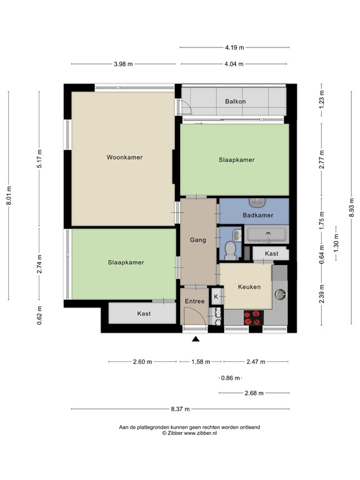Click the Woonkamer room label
124,157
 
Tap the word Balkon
236,101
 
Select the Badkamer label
258,215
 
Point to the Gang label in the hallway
198,240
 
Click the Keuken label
249,287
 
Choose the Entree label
194,302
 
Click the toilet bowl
230,251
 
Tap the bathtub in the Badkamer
267,236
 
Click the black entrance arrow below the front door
196,339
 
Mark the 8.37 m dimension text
180,409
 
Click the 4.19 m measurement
234,47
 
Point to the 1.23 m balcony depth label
321,101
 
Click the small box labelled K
216,296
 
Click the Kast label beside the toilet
271,254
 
